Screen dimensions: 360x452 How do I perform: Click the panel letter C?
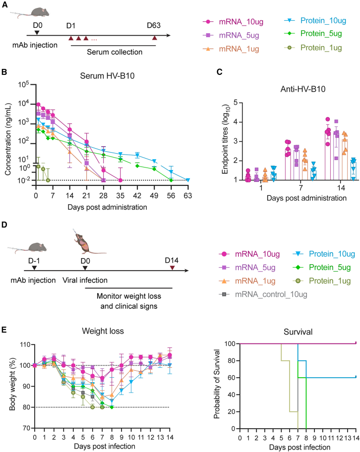tap(220, 71)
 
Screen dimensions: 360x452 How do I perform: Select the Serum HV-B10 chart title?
tap(107, 76)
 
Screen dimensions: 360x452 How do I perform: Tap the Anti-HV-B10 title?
tap(303, 89)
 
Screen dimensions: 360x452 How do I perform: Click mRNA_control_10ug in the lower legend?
tap(271, 294)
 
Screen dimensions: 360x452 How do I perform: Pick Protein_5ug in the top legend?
tap(321, 33)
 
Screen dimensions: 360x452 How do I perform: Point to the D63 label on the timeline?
tap(154, 25)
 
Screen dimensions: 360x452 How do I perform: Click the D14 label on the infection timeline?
tap(172, 260)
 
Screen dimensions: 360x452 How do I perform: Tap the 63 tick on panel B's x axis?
tap(188, 196)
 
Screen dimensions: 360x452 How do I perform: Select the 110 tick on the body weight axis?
tap(25, 345)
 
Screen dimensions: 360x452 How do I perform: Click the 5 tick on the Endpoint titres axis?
tap(236, 103)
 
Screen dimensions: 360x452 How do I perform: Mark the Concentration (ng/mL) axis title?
tap(8, 139)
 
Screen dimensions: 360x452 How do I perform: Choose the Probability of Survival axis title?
tap(217, 384)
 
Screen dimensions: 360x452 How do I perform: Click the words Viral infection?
tap(85, 280)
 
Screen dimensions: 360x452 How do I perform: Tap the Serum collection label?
tap(115, 52)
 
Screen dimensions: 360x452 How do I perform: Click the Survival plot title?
tap(298, 332)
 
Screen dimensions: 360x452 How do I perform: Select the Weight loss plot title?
tap(103, 331)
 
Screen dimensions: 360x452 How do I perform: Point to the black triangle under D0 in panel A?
tap(37, 33)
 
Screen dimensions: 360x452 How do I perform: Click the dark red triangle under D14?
tap(172, 268)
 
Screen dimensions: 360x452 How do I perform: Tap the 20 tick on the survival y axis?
tap(232, 412)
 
